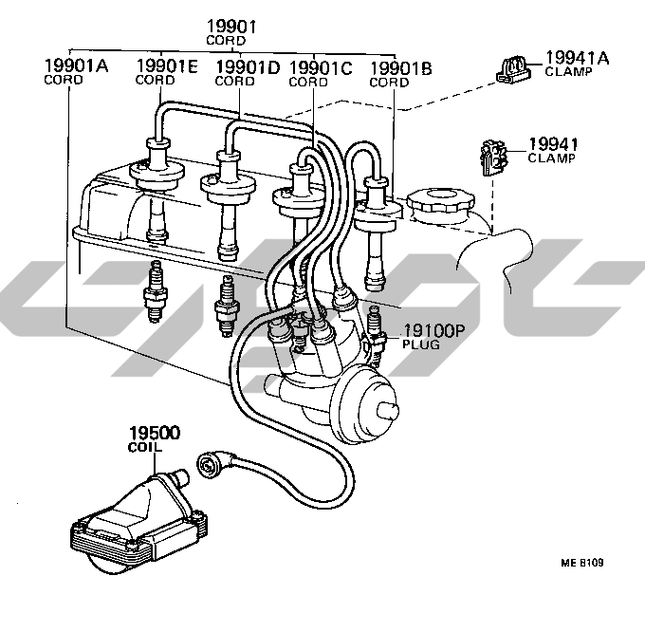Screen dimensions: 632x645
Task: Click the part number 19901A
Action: click(x=77, y=65)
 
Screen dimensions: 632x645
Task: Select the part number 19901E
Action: click(x=166, y=65)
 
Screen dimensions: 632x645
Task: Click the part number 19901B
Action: click(x=399, y=68)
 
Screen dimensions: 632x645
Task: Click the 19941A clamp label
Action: click(x=577, y=59)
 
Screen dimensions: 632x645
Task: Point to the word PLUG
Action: click(x=422, y=346)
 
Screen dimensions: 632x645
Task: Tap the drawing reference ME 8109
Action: click(x=583, y=562)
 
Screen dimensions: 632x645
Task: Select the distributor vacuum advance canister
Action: click(x=365, y=409)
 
